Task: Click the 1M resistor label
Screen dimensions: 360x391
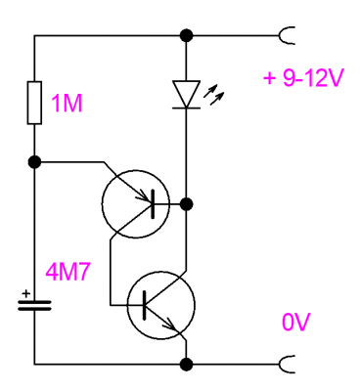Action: click(67, 104)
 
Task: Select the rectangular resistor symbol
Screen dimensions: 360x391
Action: click(34, 103)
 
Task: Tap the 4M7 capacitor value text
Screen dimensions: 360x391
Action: click(67, 272)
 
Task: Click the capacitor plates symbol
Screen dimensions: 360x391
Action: click(34, 305)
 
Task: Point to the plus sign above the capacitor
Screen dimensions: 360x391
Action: click(25, 293)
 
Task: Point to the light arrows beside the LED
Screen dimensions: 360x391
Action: click(213, 95)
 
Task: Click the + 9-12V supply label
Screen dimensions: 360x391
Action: click(303, 78)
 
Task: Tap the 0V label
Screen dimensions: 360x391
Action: click(296, 323)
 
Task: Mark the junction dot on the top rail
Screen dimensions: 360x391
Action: click(187, 35)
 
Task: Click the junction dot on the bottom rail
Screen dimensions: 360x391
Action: click(187, 364)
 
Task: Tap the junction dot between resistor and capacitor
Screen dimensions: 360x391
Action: click(34, 161)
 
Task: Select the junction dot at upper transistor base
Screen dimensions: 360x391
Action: click(187, 204)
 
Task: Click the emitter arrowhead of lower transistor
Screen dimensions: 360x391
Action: click(173, 326)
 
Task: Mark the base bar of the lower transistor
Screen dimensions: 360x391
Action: click(144, 305)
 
